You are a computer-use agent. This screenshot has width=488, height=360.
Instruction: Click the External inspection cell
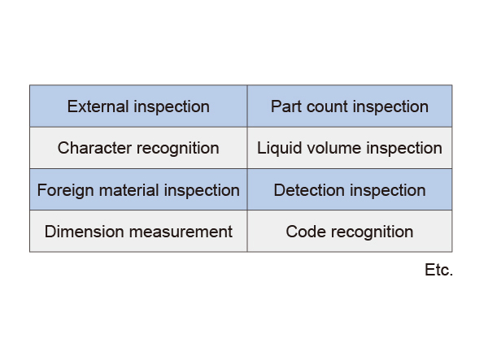(x=138, y=106)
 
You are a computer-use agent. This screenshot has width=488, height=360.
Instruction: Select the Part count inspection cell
(x=350, y=106)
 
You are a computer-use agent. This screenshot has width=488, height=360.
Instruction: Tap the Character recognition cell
(x=138, y=148)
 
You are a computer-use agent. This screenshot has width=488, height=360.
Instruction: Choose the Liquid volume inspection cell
(x=350, y=148)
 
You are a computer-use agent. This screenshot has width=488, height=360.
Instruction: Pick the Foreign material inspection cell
(x=138, y=189)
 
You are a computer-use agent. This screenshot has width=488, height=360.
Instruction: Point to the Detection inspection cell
(x=350, y=189)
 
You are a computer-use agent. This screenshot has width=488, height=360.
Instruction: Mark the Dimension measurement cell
(x=138, y=231)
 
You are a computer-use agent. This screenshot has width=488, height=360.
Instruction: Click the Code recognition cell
(x=350, y=231)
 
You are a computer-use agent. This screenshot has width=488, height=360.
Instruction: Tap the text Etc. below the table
(x=439, y=270)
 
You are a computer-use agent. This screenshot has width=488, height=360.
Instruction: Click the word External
(x=98, y=106)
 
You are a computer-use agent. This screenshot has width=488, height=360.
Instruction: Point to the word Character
(x=94, y=148)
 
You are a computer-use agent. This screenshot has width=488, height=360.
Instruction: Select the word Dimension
(x=84, y=232)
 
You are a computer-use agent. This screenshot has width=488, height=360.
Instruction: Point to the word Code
(x=306, y=232)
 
